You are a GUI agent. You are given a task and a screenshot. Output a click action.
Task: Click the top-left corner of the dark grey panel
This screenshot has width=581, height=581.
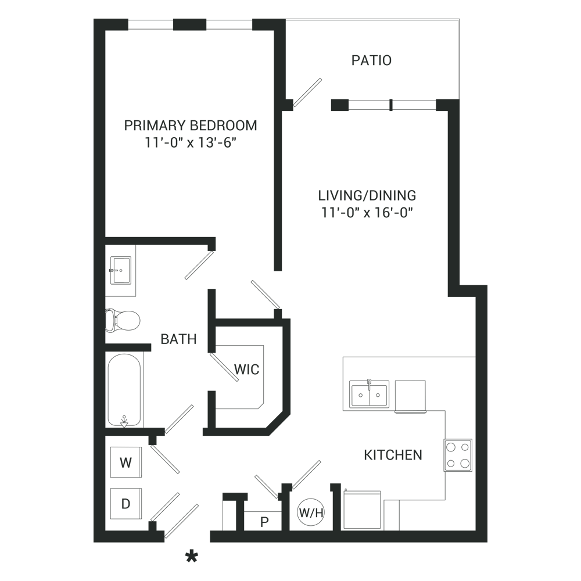(x=94, y=19)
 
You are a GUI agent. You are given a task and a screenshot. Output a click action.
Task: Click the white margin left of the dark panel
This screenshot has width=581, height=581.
(x=46, y=290)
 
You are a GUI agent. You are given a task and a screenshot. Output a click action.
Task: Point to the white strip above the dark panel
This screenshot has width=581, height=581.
(x=290, y=9)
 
